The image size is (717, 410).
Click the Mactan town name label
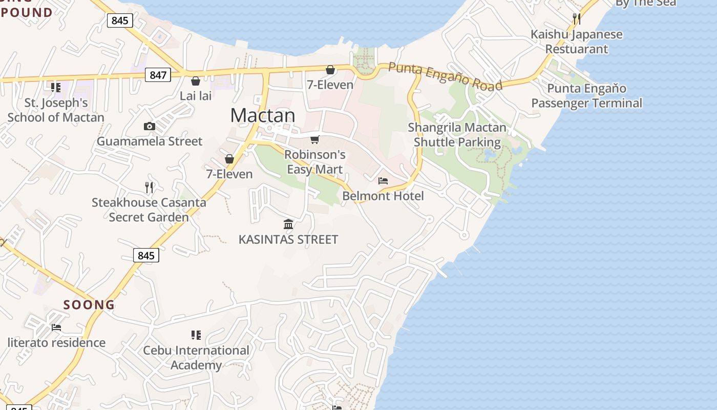[x=263, y=115]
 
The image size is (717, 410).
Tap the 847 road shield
[x=158, y=75]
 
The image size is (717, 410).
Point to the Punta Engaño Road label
[x=445, y=76]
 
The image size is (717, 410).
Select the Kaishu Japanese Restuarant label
[x=577, y=42]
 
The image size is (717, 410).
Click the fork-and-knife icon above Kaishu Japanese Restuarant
[x=577, y=19]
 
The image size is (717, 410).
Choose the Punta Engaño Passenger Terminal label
[x=586, y=96]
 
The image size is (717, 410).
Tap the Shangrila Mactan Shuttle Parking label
[x=457, y=135]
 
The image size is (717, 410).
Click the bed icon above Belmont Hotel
[x=383, y=180]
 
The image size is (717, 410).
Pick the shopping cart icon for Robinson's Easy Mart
[x=315, y=139]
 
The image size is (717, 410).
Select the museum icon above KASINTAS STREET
[x=288, y=224]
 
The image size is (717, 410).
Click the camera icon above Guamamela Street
[x=149, y=126]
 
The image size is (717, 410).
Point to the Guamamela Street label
[x=150, y=141]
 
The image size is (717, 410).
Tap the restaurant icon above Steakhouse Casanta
[x=149, y=188]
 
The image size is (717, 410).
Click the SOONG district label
[x=89, y=304]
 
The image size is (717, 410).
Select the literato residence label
[x=56, y=342]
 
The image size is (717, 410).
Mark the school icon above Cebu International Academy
[x=196, y=335]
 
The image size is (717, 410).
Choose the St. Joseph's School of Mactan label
[x=56, y=110]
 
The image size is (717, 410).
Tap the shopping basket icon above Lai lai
[x=196, y=81]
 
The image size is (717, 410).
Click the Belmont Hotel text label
[x=383, y=196]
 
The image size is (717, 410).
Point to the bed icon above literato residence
[x=56, y=327]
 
